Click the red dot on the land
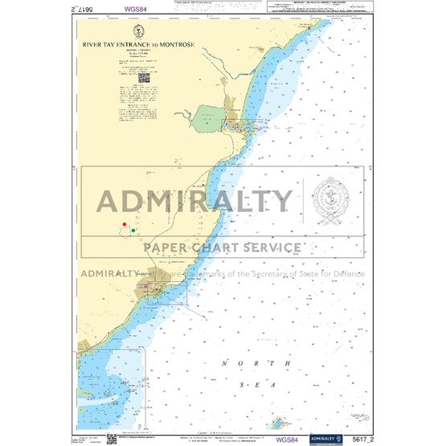point(125,224)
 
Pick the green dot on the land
point(133,231)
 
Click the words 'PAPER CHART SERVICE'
point(223,248)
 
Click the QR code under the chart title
point(145,79)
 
